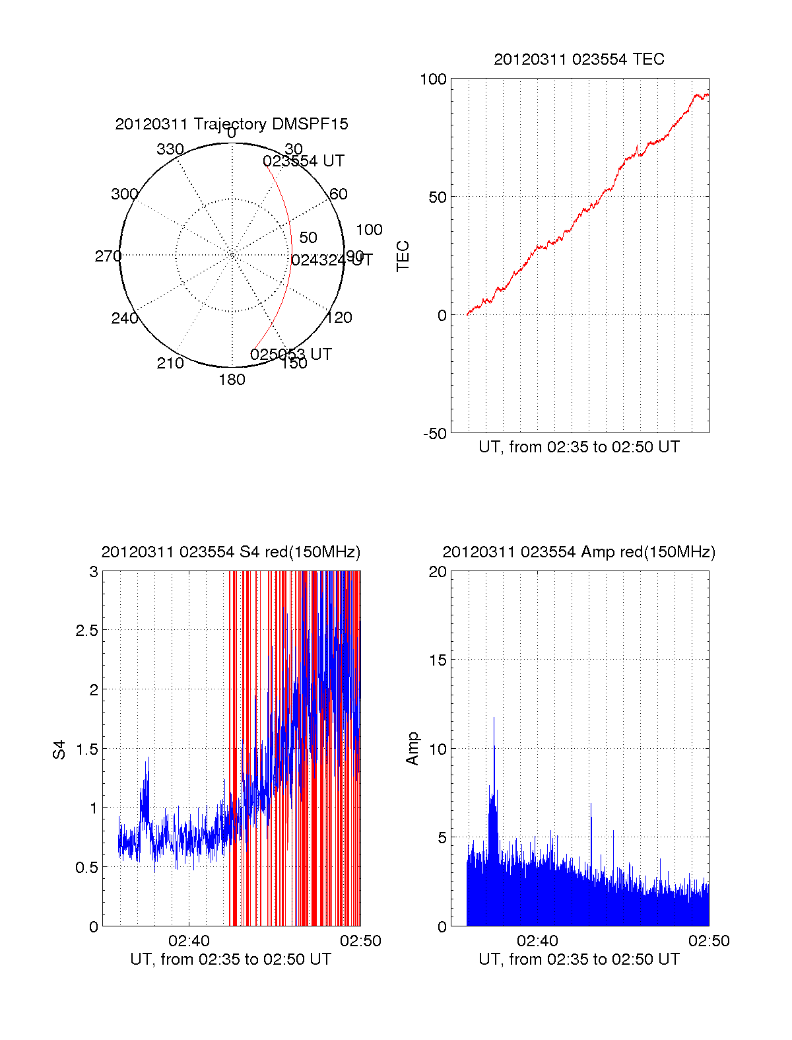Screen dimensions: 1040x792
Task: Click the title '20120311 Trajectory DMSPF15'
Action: tap(232, 124)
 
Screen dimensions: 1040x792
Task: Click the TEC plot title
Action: tap(579, 59)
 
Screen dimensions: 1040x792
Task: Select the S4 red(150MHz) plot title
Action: tap(231, 552)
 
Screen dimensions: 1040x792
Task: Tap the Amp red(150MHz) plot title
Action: tap(579, 552)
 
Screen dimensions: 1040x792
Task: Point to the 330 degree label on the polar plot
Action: tap(170, 149)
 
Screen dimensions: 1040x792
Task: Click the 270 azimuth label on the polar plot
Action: tap(108, 256)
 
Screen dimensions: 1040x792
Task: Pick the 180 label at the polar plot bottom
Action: tap(232, 380)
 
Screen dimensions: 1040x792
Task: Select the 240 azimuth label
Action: tap(125, 318)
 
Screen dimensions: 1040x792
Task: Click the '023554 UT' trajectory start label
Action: tap(304, 161)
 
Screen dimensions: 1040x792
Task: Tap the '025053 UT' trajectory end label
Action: tap(291, 355)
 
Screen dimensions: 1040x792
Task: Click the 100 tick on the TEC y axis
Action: tap(433, 79)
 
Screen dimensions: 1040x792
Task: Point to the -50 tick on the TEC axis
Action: tap(435, 434)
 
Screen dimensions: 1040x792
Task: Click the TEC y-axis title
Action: tap(403, 256)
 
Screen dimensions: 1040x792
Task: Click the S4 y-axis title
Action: tap(59, 749)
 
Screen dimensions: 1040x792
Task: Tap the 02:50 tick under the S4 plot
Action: tap(360, 941)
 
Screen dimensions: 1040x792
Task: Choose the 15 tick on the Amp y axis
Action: tap(438, 660)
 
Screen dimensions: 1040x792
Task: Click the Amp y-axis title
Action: tap(412, 749)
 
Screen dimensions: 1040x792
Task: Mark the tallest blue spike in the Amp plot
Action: tap(494, 720)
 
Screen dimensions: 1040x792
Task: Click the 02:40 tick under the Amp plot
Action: tap(537, 941)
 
